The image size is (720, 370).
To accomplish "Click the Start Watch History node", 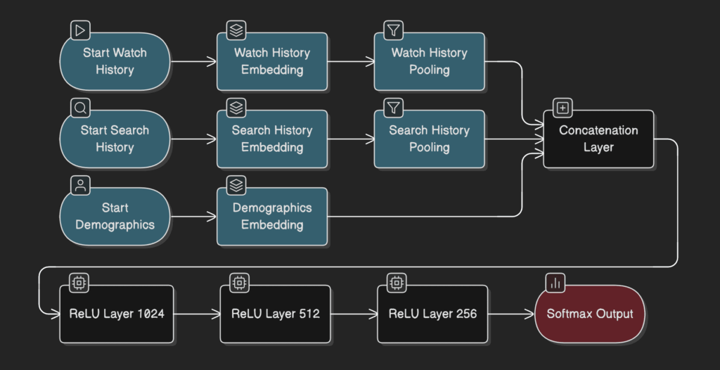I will click(x=115, y=62).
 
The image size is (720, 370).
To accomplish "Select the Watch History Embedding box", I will click(x=272, y=62).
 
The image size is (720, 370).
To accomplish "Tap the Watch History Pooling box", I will click(x=429, y=62).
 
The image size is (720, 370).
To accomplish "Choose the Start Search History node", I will click(x=115, y=139).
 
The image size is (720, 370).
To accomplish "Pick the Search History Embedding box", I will click(x=272, y=139).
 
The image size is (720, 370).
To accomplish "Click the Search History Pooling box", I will click(x=429, y=139).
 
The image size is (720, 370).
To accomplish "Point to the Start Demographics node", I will click(x=115, y=217).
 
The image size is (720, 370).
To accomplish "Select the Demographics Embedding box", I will click(x=272, y=217).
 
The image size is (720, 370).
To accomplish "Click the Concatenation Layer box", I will click(x=598, y=139).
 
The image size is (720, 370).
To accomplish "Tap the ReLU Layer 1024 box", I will click(x=117, y=314).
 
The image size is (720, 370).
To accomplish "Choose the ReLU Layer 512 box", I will click(x=276, y=314).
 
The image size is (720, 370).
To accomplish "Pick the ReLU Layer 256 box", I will click(x=432, y=314).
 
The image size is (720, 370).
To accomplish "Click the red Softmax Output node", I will click(x=590, y=314).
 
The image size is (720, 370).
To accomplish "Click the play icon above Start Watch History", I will click(x=81, y=30).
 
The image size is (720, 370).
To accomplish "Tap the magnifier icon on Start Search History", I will click(x=81, y=108).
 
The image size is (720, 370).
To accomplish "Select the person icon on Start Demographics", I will click(x=81, y=186).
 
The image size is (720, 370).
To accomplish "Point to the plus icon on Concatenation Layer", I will click(x=563, y=108).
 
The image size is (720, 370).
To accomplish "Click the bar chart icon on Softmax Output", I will click(x=556, y=283).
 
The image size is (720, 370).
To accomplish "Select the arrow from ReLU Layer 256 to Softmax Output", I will click(x=511, y=314).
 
